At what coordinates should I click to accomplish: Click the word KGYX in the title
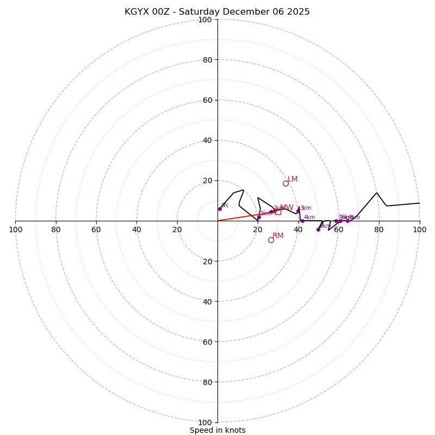136,12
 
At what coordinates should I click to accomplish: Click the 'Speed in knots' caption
217,431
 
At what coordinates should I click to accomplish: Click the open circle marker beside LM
285,183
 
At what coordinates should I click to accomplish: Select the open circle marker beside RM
271,240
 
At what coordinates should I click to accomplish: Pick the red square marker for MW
278,212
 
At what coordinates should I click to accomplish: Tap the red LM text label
293,179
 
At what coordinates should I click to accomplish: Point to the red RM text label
278,236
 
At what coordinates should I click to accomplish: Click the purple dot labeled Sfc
220,209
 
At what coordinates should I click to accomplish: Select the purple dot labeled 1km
259,217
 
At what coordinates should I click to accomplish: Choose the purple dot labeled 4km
302,221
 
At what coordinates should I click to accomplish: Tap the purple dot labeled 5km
318,229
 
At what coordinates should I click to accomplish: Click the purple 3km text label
306,208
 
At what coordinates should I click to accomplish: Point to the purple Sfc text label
225,206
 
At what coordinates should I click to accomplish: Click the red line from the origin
239,217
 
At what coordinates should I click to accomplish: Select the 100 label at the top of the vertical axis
204,20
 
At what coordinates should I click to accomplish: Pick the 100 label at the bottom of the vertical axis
204,422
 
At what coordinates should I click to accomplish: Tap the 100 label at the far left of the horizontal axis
16,229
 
